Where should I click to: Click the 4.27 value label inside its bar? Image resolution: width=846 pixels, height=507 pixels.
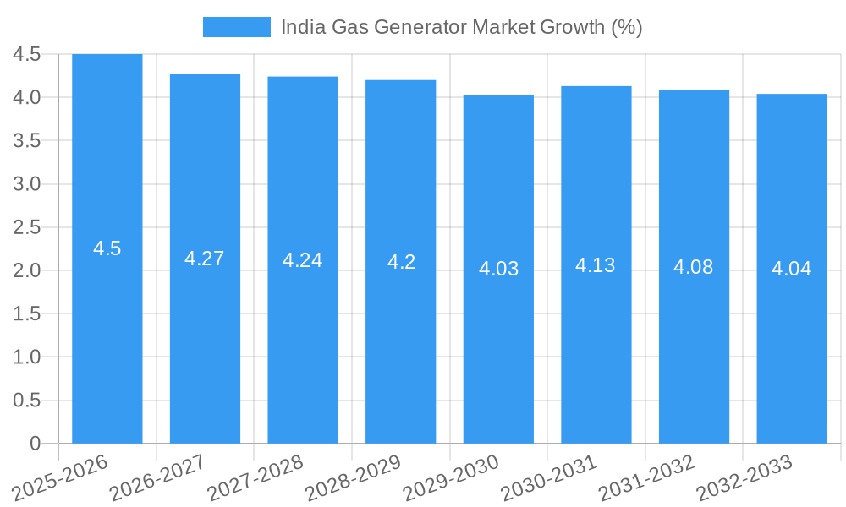coord(205,259)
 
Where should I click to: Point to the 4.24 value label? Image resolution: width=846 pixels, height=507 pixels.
coord(303,260)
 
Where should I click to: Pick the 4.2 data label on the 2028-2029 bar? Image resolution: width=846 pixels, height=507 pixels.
coord(401,262)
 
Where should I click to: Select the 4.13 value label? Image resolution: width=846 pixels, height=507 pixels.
coord(596,265)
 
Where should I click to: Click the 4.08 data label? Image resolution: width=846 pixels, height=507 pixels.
coord(694,267)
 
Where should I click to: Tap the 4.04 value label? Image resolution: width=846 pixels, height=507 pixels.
coord(792,269)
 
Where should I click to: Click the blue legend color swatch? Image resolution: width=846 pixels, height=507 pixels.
coord(237,27)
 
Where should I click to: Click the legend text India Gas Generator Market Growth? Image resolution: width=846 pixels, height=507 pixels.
coord(461,27)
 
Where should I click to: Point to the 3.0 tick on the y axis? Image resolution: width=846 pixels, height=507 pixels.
coord(27,184)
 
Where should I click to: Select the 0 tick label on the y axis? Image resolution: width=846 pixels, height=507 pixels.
coord(35,444)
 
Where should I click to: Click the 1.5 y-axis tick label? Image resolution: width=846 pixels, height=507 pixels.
coord(27,313)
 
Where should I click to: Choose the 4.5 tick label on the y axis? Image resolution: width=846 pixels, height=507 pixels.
coord(27,54)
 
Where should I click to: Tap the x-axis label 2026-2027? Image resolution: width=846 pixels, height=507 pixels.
coord(158,477)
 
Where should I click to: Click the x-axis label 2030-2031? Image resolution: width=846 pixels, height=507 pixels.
coord(549,477)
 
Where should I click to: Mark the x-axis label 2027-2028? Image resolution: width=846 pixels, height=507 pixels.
coord(255,477)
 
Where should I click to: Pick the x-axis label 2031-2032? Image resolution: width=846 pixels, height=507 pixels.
coord(647,477)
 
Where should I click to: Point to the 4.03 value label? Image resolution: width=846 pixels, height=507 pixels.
coord(498,269)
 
